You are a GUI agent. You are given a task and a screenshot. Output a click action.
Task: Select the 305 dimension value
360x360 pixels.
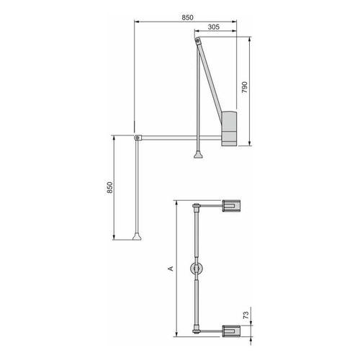[213, 27]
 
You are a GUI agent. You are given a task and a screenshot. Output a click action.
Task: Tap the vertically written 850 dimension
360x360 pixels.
[109, 187]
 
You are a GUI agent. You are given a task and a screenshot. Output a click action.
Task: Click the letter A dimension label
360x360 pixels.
[171, 269]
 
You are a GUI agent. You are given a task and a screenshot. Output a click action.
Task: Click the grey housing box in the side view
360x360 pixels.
[228, 127]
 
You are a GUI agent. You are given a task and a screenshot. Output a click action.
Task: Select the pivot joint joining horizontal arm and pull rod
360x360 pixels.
[137, 136]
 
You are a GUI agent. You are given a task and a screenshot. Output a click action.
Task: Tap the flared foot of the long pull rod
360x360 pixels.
[137, 237]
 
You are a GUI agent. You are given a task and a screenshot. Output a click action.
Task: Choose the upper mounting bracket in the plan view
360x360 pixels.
[230, 207]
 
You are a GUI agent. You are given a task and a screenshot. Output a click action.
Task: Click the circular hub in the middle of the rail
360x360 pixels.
[196, 269]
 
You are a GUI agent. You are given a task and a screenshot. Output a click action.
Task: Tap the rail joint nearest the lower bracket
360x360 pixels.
[197, 330]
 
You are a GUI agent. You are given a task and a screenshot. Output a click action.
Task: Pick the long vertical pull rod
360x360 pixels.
[137, 187]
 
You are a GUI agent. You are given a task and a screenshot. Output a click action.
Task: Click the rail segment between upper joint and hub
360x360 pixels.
[197, 238]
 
